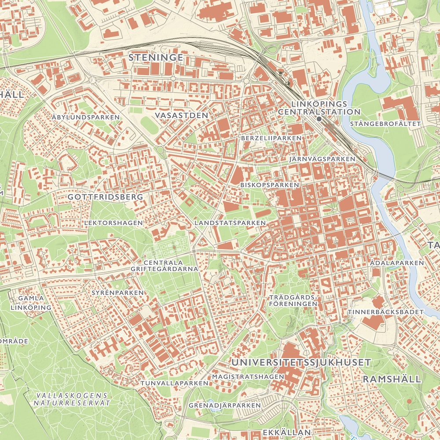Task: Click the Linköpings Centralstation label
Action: coord(319,108)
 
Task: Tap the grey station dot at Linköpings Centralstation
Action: coord(319,119)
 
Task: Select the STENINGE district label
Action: coord(156,58)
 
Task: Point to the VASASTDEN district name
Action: coord(181,115)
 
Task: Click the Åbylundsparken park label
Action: coord(85,117)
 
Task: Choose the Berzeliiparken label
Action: coord(271,138)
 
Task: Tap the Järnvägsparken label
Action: coord(323,158)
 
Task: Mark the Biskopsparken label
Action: coord(270,185)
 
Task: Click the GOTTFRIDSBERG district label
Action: coord(106,197)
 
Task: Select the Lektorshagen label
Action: coord(114,223)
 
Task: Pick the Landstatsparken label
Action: coord(230,223)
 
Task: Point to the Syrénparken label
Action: coord(118,293)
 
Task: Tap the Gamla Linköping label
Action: coord(31,303)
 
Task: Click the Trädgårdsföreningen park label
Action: coord(293,301)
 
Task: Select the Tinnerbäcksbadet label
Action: coord(385,312)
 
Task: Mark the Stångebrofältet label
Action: coord(385,124)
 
